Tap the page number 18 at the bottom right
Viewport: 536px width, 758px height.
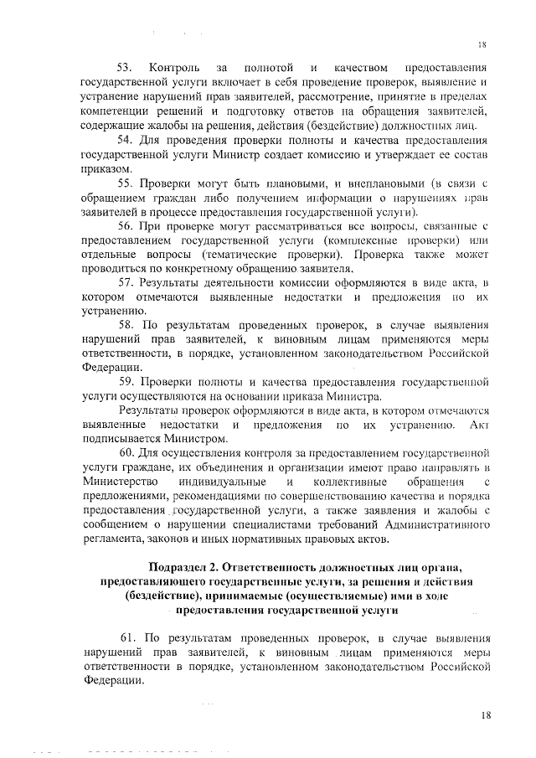tap(483, 714)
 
